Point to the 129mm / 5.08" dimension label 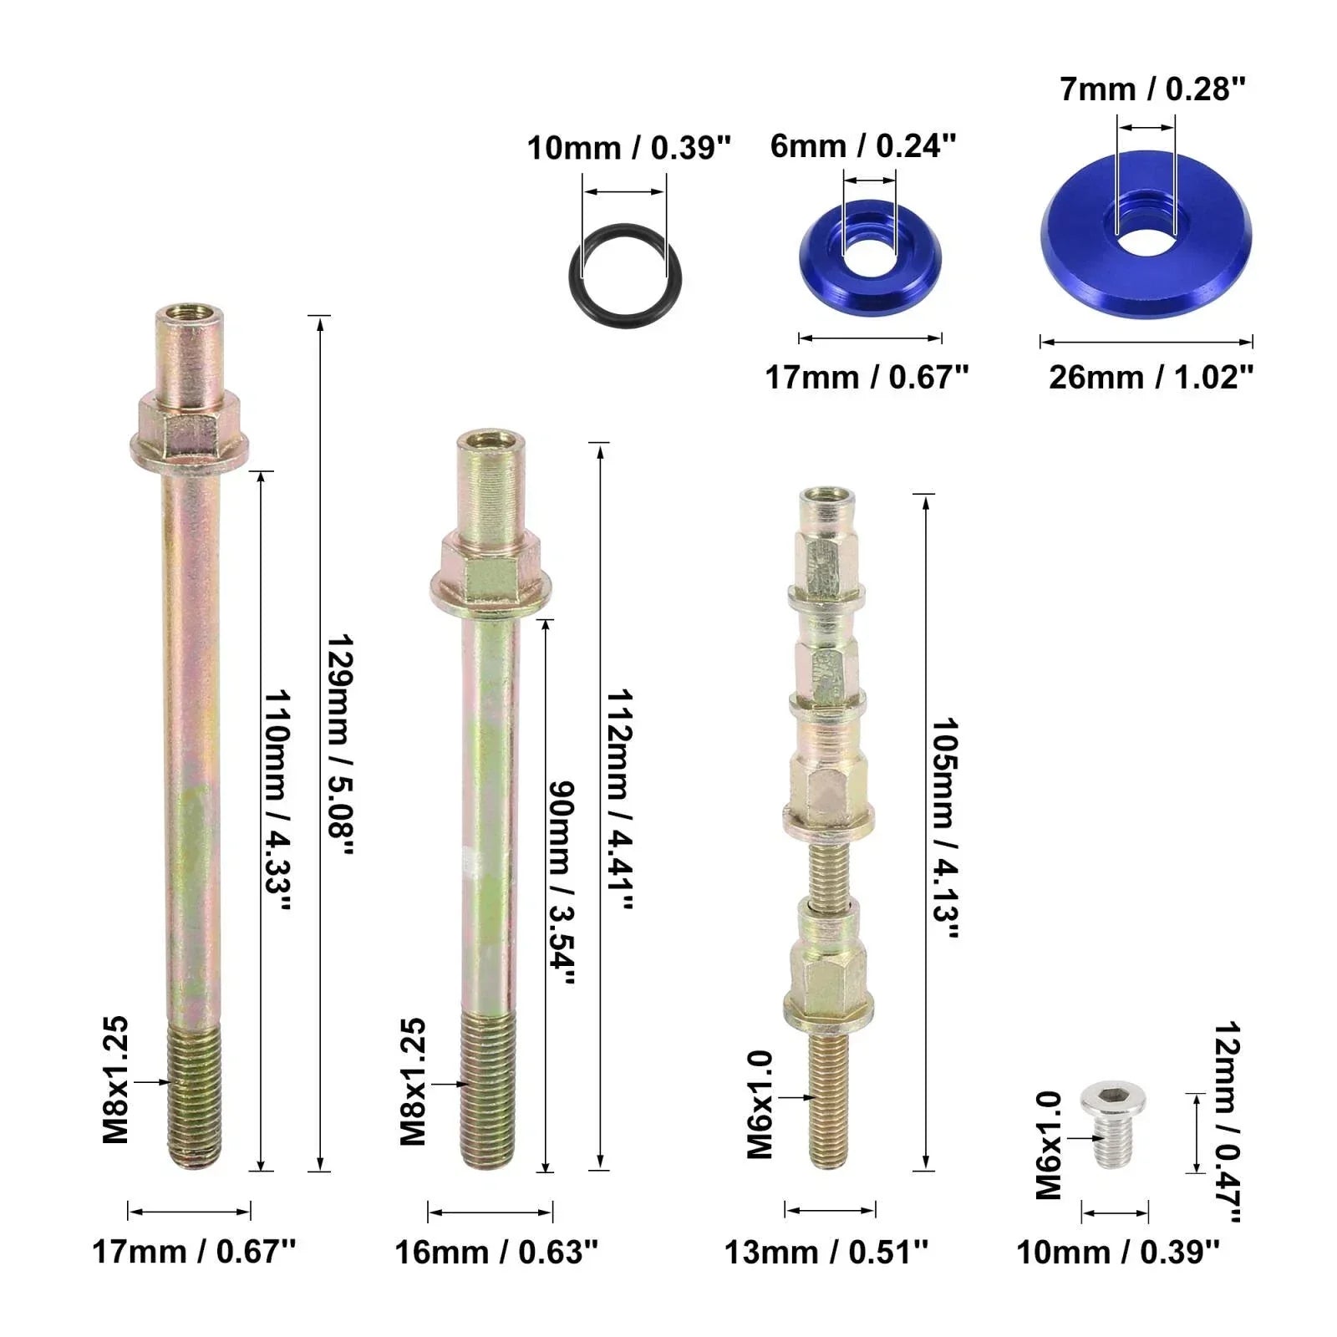[341, 745]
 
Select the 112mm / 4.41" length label [619, 800]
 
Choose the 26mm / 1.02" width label [1151, 377]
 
